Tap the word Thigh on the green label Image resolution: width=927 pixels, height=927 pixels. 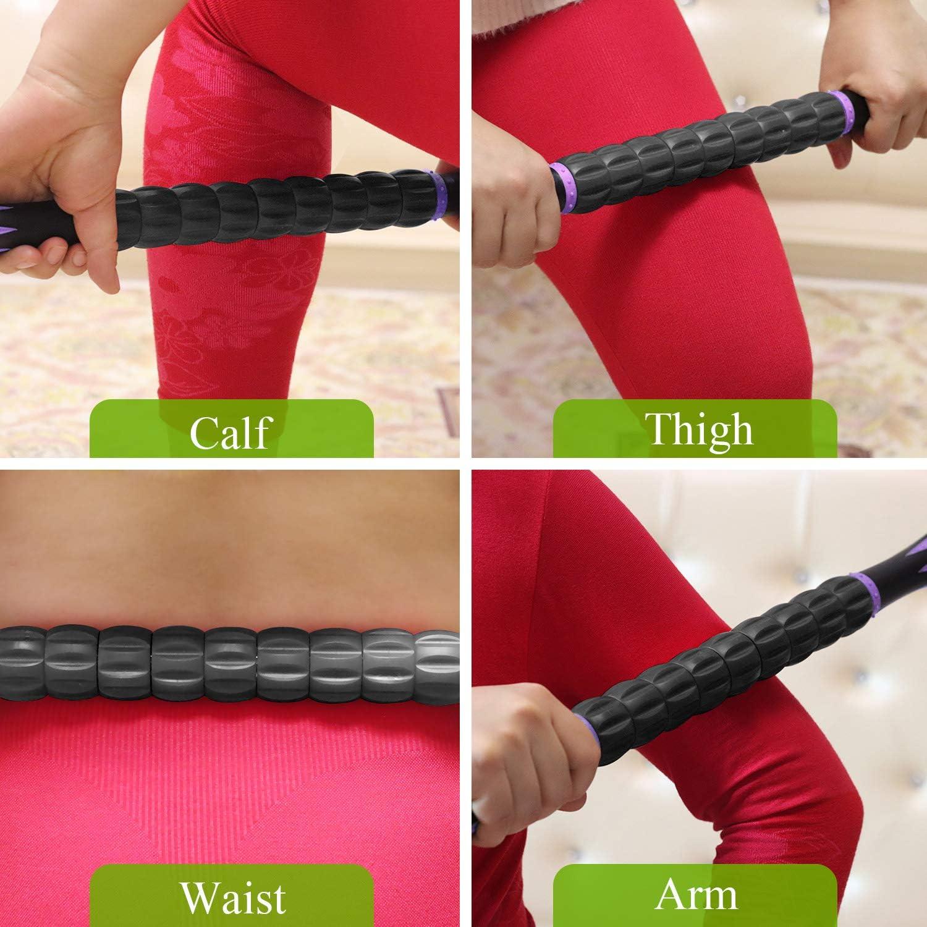pyautogui.click(x=699, y=428)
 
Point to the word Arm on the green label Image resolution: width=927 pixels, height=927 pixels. pyautogui.click(x=696, y=894)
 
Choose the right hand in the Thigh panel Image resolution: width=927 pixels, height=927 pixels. pyautogui.click(x=884, y=93)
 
